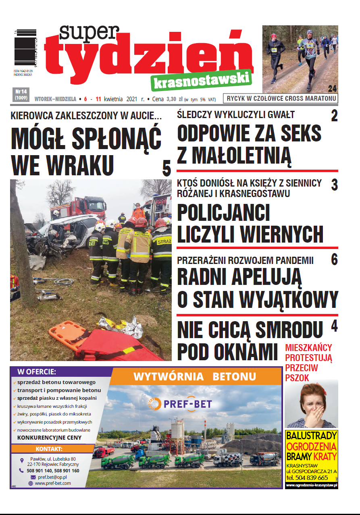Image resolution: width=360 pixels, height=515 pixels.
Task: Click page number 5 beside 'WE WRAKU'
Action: coord(166,168)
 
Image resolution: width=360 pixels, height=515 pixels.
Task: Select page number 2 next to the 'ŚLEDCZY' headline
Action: coord(334,116)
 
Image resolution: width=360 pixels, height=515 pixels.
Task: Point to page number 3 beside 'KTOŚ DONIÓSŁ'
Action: coord(334,185)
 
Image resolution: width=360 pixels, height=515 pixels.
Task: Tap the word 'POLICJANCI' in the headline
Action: coord(223,213)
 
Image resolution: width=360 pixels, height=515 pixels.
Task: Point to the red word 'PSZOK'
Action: coord(297,378)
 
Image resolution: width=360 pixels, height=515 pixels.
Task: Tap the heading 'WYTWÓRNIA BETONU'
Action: coord(195,377)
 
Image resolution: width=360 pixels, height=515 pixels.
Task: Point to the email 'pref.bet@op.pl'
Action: coord(54,477)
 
